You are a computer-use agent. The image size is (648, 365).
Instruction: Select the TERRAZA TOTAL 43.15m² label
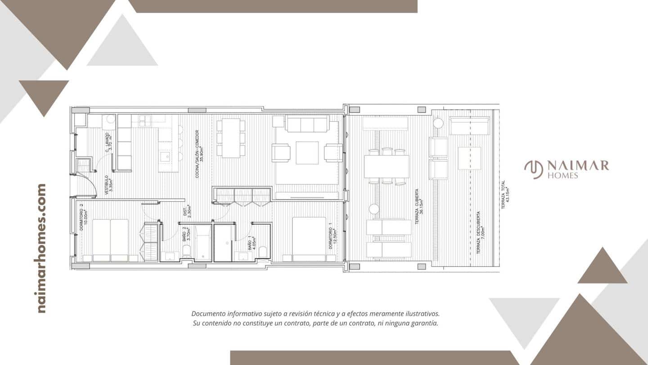click(x=505, y=193)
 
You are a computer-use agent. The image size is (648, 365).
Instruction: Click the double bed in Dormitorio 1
click(x=309, y=239)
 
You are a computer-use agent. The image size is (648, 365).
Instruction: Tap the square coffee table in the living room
click(x=307, y=153)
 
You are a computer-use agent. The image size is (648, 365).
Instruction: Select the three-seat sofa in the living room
click(x=308, y=123)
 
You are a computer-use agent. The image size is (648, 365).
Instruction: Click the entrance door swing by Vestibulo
click(x=88, y=185)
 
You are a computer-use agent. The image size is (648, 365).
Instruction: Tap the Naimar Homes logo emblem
click(x=534, y=169)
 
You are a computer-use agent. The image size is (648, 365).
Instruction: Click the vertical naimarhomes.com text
click(x=41, y=248)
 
